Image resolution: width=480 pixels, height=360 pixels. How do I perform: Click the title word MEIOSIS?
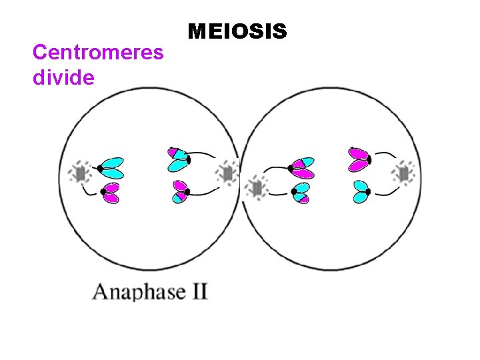point(237,31)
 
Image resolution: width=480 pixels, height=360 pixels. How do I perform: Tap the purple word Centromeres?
point(98,52)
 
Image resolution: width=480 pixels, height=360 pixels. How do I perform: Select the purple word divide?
point(63,77)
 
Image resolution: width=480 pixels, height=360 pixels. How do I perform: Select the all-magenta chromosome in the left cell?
point(111,192)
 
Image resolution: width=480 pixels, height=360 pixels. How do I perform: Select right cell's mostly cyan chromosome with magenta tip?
point(300,193)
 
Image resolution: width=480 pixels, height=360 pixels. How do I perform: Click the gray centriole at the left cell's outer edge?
point(80,174)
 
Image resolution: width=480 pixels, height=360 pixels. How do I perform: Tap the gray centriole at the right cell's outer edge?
point(404,173)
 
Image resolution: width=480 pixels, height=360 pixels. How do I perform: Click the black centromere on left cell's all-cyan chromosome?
point(99,168)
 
